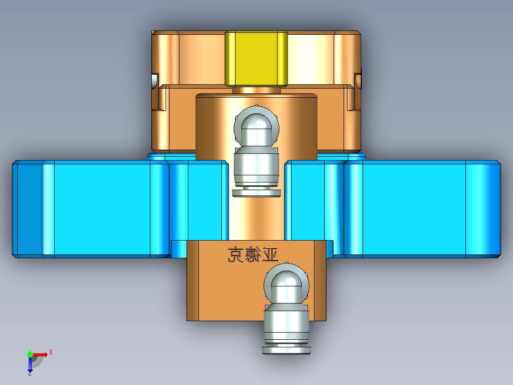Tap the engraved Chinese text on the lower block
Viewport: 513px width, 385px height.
pos(253,255)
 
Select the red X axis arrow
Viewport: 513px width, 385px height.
pos(40,354)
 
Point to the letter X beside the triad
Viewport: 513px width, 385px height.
pos(51,352)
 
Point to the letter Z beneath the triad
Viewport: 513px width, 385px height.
pos(30,374)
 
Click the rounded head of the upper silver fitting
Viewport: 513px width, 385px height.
pos(256,122)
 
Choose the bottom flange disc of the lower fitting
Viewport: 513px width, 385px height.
pos(286,351)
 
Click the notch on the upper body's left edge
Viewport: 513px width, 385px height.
pos(154,81)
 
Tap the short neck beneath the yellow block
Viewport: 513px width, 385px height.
pos(256,90)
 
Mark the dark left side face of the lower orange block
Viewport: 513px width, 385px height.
pos(192,280)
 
